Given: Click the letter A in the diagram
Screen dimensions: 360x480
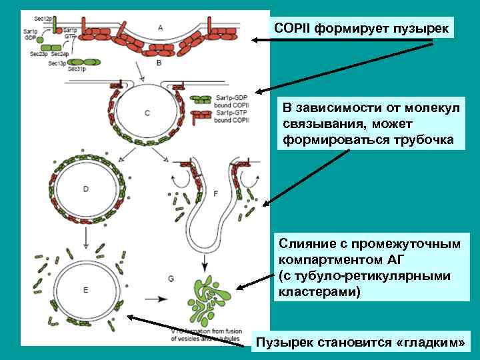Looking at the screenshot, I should pyautogui.click(x=161, y=27).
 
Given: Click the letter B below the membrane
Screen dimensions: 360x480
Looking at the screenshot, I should pyautogui.click(x=159, y=63).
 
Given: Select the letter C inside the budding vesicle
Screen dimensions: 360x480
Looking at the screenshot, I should pyautogui.click(x=147, y=113).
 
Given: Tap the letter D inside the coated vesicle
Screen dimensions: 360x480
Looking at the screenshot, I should pyautogui.click(x=85, y=189).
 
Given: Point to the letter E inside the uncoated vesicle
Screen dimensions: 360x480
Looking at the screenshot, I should pyautogui.click(x=85, y=289).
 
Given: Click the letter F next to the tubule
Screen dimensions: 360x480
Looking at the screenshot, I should pyautogui.click(x=216, y=193).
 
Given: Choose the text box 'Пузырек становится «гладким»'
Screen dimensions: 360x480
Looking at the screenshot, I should pyautogui.click(x=361, y=343).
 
